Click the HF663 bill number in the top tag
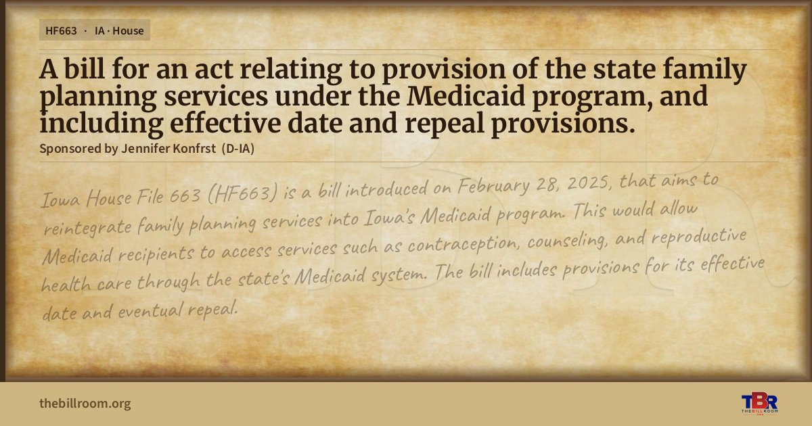coord(61,31)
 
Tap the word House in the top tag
coord(128,31)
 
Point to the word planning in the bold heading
coord(98,98)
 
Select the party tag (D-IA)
coord(238,149)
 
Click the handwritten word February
coord(493,186)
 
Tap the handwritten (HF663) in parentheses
coord(243,194)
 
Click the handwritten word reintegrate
coord(88,228)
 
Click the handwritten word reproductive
coord(698,236)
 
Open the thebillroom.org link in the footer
coord(85,403)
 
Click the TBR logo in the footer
coord(759,404)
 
